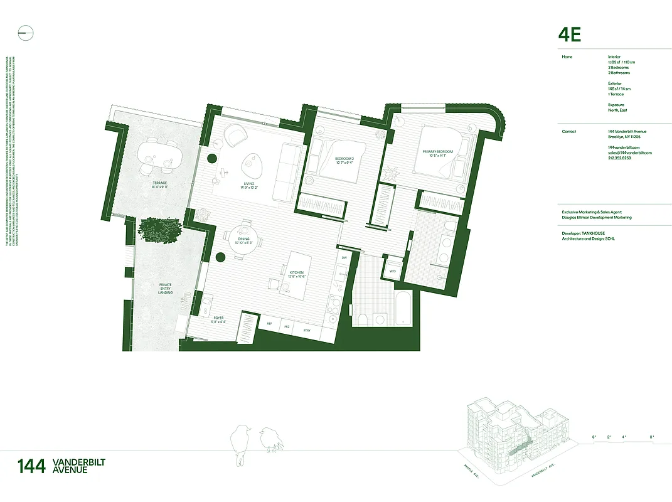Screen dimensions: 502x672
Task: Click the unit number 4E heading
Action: pyautogui.click(x=570, y=35)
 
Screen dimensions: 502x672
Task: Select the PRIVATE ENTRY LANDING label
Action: pyautogui.click(x=166, y=289)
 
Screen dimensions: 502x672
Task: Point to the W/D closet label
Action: pyautogui.click(x=393, y=272)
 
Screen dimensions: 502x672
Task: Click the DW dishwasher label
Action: pyautogui.click(x=344, y=257)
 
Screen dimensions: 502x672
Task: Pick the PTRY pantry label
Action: pyautogui.click(x=307, y=331)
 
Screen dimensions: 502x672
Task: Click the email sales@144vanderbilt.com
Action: pyautogui.click(x=630, y=152)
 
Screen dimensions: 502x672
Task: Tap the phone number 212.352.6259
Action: pyautogui.click(x=620, y=158)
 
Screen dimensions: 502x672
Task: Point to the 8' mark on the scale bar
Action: pyautogui.click(x=652, y=436)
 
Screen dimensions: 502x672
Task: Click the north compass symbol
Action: pyautogui.click(x=25, y=33)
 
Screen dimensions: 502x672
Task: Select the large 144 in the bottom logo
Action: pyautogui.click(x=31, y=466)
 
